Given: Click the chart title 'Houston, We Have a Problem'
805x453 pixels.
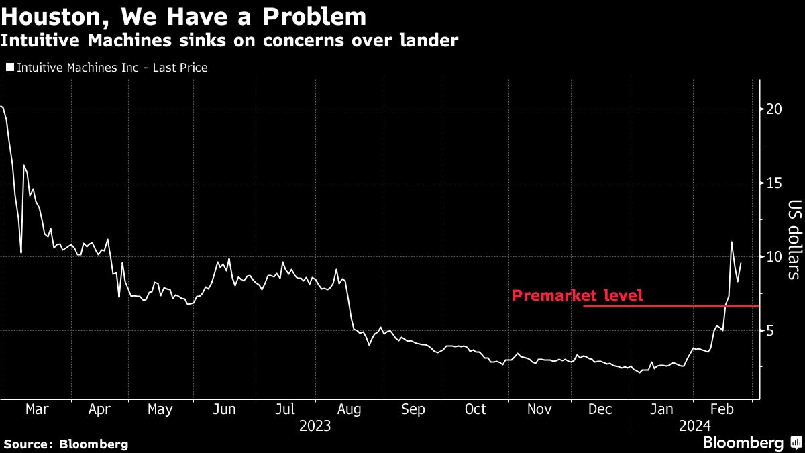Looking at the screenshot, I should (x=184, y=17).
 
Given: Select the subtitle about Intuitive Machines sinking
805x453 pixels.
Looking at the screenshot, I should (x=229, y=40).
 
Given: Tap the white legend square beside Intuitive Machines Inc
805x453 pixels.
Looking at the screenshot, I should (x=9, y=68).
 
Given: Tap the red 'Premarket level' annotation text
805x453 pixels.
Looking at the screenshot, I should (x=577, y=295).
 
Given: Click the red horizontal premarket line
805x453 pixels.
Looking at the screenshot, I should (x=671, y=305).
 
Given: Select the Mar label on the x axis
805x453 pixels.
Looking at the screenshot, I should (x=36, y=409).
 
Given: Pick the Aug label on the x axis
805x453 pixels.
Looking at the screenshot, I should (x=349, y=409).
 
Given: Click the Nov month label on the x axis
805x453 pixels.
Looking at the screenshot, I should (x=539, y=409).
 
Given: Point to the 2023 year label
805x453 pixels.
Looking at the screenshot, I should (x=315, y=425).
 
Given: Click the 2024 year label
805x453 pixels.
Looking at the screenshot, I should (x=695, y=425).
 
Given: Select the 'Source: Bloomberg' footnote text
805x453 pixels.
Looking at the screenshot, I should (x=66, y=444).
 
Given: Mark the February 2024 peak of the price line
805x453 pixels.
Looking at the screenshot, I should (x=731, y=242).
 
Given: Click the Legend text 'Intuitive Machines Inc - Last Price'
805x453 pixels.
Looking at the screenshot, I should (x=112, y=68).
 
